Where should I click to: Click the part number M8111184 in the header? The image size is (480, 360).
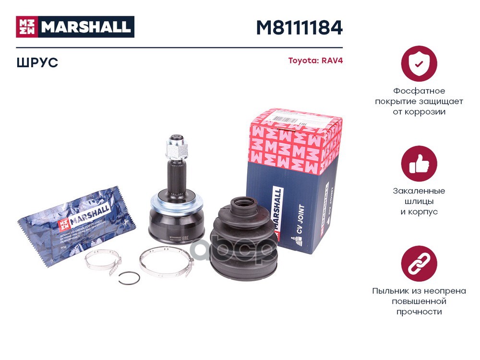pos(299,27)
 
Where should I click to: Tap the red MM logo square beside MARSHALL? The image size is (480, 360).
pos(26,27)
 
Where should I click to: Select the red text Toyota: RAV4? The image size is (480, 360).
pos(315,61)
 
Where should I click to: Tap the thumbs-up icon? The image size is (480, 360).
pos(419,164)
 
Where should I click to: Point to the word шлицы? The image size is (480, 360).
pos(419,201)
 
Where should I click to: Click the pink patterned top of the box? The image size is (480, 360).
pos(295,139)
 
